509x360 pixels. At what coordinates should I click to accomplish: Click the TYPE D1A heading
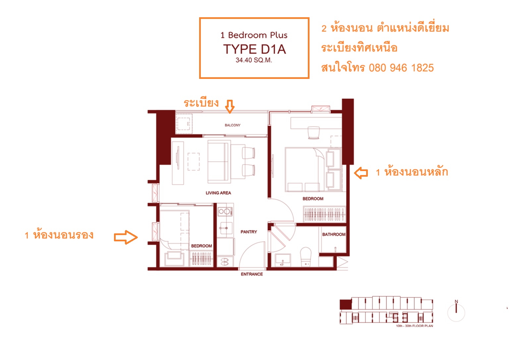(254, 49)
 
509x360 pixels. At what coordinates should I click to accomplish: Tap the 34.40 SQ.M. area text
(254, 60)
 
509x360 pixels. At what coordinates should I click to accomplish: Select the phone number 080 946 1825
(401, 68)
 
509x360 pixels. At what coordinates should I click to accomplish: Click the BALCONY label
(232, 125)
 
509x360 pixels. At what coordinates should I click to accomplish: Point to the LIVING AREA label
(218, 193)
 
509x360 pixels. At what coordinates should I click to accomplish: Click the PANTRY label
(249, 232)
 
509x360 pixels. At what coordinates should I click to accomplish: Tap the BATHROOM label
(334, 234)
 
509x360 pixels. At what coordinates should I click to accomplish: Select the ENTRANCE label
(252, 274)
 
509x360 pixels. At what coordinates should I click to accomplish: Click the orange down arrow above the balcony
(230, 106)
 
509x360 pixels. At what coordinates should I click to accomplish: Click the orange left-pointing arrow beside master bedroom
(361, 173)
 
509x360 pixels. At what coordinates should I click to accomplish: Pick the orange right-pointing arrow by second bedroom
(126, 237)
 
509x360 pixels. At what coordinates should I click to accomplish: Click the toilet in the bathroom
(306, 257)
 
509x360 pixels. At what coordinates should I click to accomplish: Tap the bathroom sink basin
(283, 260)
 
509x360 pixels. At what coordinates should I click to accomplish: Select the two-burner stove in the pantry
(225, 211)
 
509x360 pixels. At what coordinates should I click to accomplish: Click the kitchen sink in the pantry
(226, 228)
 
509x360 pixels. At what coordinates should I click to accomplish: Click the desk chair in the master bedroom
(313, 133)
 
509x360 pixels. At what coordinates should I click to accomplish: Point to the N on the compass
(456, 302)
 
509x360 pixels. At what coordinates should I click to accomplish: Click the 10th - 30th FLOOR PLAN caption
(415, 326)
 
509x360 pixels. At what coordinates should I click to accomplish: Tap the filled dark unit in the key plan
(346, 305)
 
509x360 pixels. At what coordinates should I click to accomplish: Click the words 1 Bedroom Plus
(254, 35)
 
